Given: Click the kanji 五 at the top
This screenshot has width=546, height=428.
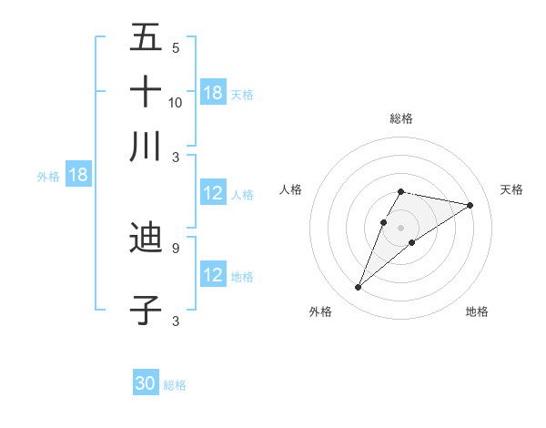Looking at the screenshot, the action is [x=146, y=38].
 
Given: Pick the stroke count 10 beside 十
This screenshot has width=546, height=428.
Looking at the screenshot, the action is [x=176, y=102].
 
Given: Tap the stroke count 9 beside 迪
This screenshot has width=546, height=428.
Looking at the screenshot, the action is [x=175, y=247].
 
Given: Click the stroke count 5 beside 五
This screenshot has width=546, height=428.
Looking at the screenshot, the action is [x=175, y=48].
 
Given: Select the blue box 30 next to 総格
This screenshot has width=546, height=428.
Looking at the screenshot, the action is [x=146, y=383].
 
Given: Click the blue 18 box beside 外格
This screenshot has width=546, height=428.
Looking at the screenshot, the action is [x=78, y=176].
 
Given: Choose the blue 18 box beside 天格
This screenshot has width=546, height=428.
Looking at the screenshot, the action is [x=213, y=93].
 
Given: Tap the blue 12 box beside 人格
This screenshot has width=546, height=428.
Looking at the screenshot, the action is [x=213, y=193].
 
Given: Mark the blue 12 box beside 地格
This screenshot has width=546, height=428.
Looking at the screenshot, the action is [x=213, y=275].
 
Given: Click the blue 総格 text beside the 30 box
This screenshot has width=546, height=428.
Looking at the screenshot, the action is [x=175, y=384].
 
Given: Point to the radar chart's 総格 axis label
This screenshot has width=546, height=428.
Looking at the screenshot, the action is [x=400, y=118].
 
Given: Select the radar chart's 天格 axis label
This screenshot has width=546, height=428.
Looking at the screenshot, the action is [x=511, y=189].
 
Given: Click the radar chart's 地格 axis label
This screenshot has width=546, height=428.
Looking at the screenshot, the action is [x=477, y=311].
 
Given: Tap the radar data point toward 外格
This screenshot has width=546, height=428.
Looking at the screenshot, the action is [x=358, y=288].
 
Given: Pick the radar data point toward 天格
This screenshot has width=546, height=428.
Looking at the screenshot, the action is [x=470, y=205].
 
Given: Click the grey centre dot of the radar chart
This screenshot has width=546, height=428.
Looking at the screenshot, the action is [x=400, y=227].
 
